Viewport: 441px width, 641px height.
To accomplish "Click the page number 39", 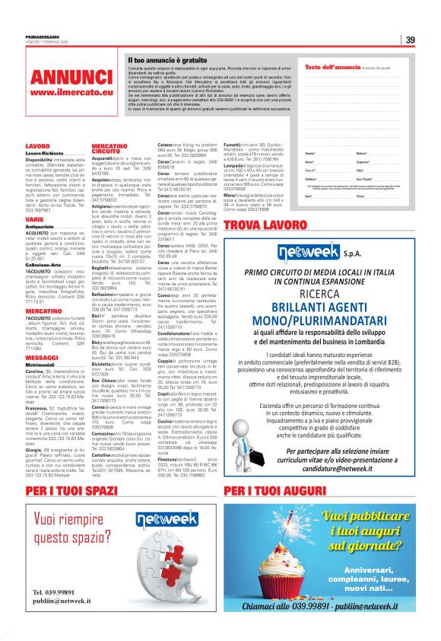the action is click(x=409, y=40).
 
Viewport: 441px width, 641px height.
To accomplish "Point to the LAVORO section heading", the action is click(x=37, y=145).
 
